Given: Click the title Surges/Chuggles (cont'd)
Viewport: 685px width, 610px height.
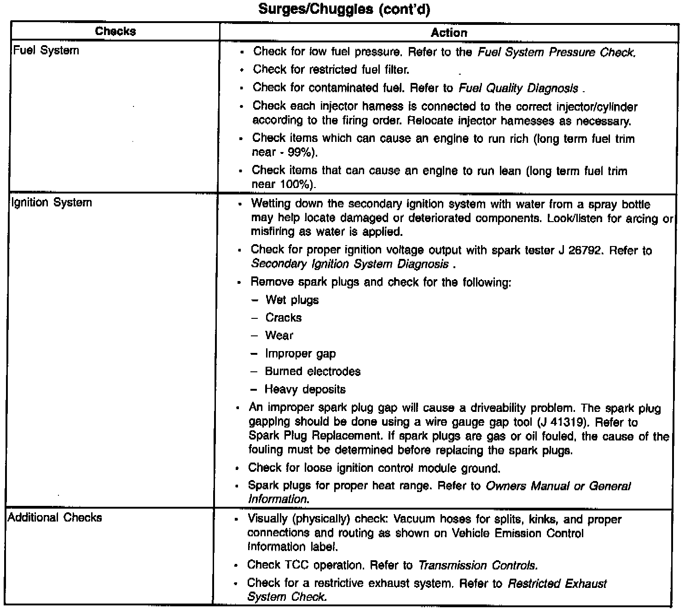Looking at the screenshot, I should (x=344, y=9).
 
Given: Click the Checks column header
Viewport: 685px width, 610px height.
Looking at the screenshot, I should (x=116, y=31).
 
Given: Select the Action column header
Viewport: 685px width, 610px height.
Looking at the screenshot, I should (x=449, y=33).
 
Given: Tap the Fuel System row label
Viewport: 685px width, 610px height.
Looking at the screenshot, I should (x=46, y=50).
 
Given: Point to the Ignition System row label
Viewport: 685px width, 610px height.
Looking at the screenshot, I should (x=52, y=202).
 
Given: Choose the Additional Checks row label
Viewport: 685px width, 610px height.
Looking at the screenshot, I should (x=55, y=517).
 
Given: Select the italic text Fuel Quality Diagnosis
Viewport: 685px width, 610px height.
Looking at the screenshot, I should (x=518, y=88).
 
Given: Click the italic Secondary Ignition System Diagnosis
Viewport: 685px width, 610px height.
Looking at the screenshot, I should (x=350, y=264).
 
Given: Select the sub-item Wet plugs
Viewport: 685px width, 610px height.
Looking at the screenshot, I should (x=292, y=300).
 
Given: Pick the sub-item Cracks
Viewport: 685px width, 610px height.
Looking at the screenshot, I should (x=283, y=318).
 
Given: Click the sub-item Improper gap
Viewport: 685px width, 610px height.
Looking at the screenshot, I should (x=300, y=354).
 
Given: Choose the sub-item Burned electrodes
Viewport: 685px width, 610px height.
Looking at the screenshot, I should (x=313, y=372).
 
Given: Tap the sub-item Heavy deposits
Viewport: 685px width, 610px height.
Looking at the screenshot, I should (x=305, y=390).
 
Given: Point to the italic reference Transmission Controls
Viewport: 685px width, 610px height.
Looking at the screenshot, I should (x=477, y=565).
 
